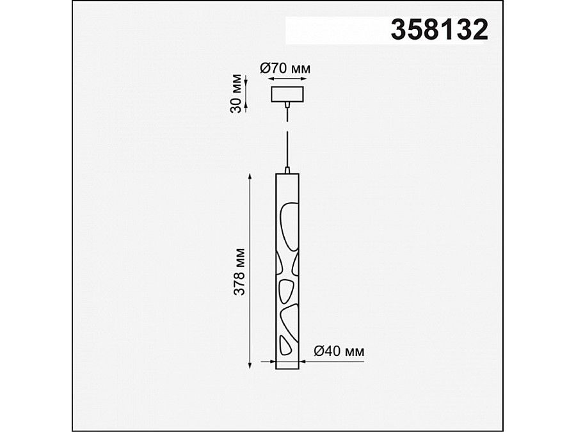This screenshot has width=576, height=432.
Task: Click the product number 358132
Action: coord(439,29)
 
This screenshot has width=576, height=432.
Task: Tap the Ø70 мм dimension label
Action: coord(285,68)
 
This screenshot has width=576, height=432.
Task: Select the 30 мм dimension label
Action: coord(236,94)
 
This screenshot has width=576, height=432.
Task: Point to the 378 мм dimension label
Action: coord(239,272)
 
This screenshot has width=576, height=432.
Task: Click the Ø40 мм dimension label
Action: coord(339,351)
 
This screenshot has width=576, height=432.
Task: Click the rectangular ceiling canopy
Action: coord(287,94)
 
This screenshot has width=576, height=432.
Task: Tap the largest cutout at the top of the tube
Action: coord(289,227)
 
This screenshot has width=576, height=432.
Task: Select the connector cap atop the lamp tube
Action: coord(287,170)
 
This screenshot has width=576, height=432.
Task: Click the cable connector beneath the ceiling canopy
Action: coord(287,105)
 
